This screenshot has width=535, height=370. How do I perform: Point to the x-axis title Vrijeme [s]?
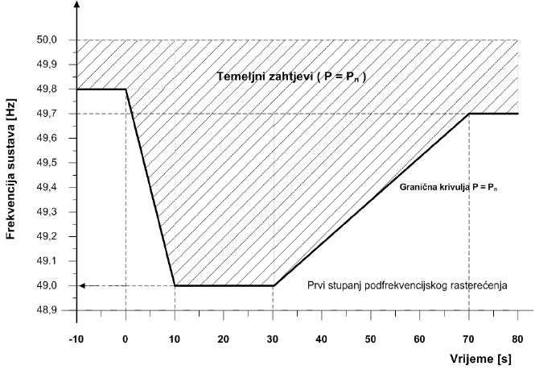tap(481, 354)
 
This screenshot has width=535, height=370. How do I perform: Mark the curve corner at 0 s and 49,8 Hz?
tap(126, 89)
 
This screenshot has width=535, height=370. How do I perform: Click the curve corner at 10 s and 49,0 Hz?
tap(175, 285)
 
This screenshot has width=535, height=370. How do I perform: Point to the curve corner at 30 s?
tap(274, 285)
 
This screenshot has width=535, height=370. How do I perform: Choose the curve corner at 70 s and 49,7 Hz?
tap(470, 114)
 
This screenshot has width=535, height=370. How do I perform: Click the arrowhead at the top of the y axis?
tap(77, 5)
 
